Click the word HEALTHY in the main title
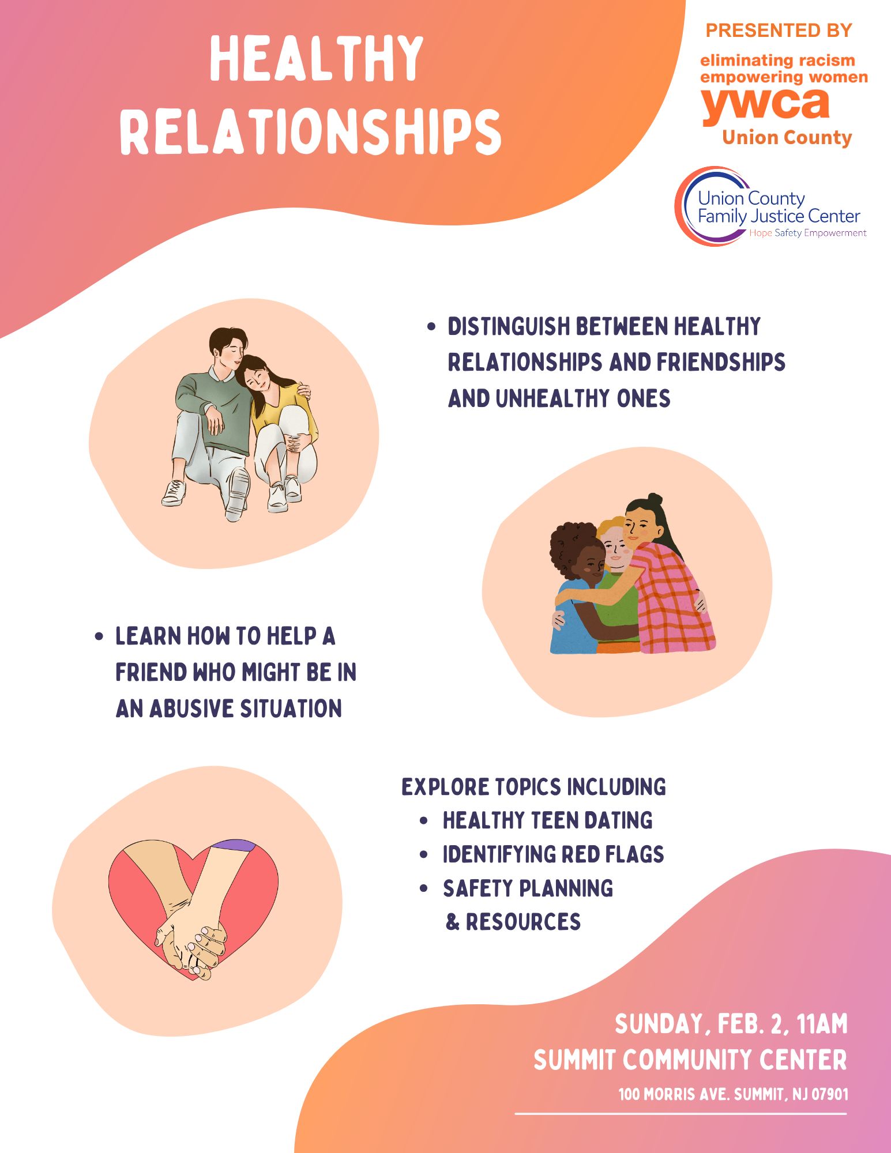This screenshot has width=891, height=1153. point(316,58)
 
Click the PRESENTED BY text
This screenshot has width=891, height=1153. point(779,30)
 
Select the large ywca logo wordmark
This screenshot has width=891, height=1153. point(765,104)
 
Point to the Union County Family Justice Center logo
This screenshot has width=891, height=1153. point(770,206)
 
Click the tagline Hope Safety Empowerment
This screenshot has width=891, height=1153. point(807,233)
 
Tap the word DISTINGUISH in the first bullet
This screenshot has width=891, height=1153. point(509,326)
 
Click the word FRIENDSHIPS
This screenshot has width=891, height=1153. point(721,362)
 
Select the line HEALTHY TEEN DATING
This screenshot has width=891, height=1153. point(547,820)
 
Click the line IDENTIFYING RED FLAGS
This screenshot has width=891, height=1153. point(553,854)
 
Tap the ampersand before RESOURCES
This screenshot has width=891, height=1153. point(453,922)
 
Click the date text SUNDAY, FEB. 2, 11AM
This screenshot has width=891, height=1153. point(731,1024)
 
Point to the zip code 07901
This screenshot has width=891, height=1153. point(830,1094)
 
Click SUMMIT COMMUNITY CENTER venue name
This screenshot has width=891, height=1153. point(690,1060)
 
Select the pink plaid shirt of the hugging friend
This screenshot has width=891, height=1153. point(672,600)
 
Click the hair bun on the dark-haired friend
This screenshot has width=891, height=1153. point(654,499)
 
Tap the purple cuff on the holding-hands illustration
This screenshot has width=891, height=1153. point(234,845)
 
